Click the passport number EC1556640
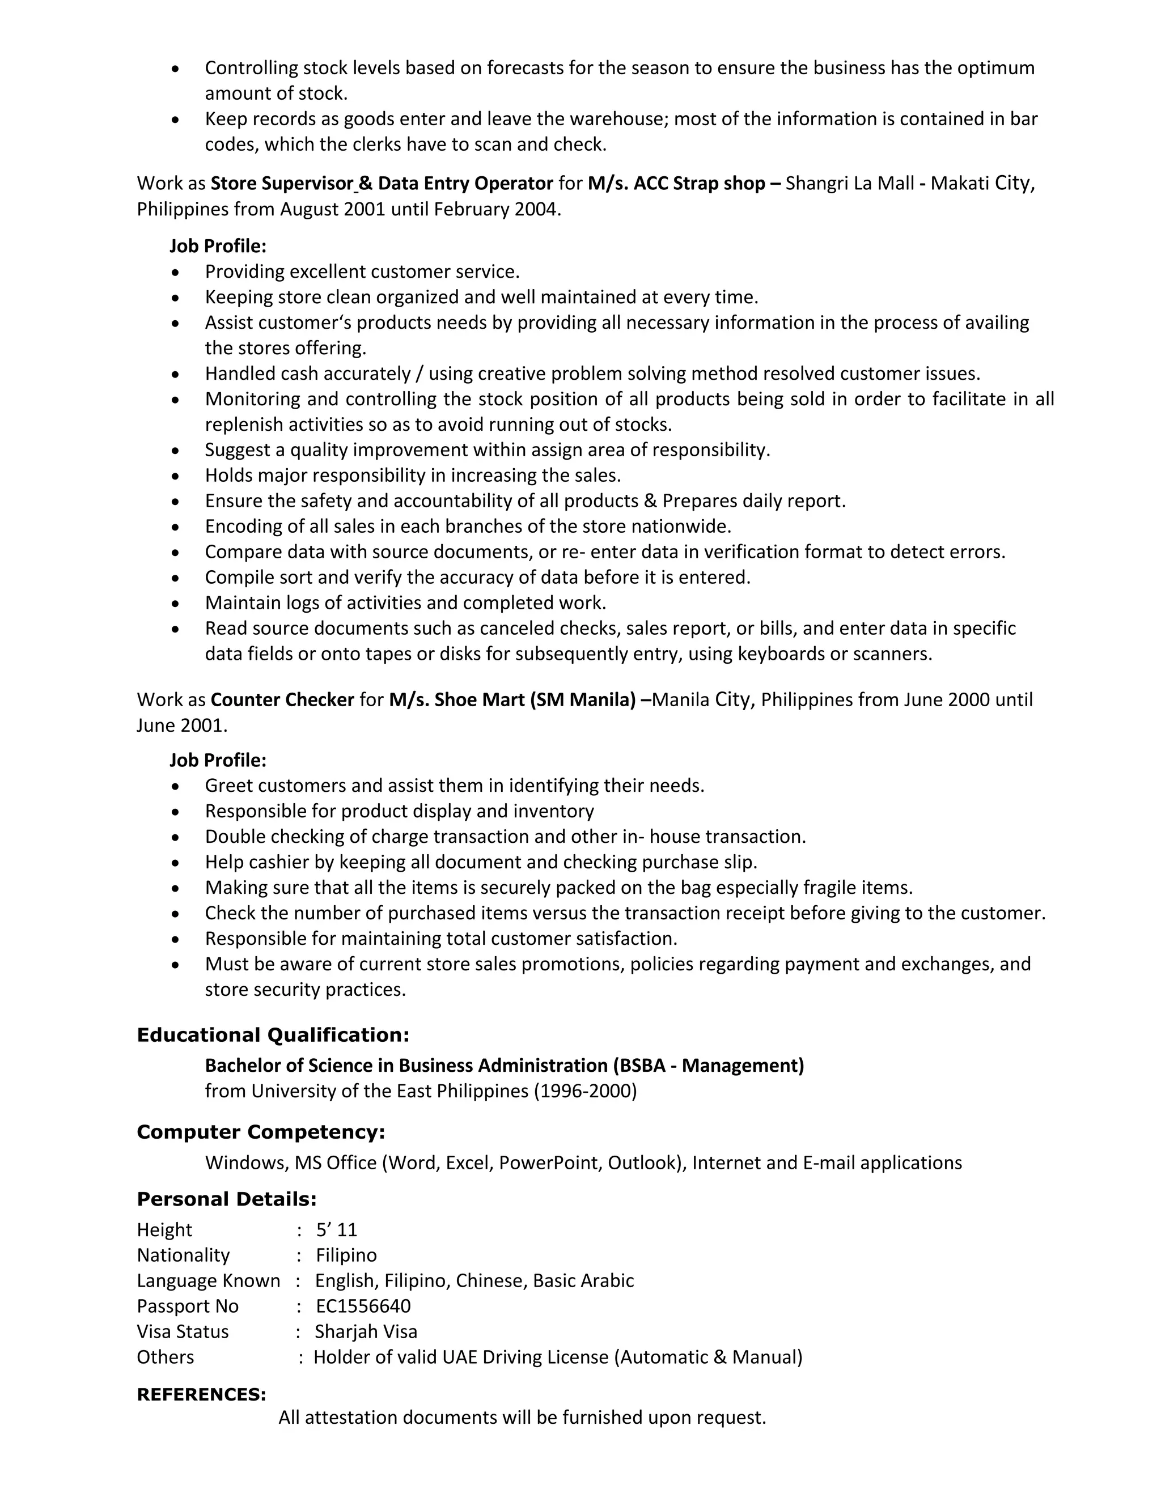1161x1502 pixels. [363, 1306]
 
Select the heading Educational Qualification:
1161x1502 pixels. [273, 1035]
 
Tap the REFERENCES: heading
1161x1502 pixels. [201, 1394]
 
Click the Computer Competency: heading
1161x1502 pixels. [261, 1132]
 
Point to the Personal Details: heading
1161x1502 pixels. [226, 1199]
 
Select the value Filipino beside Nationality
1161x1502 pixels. [346, 1255]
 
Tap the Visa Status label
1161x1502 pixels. [183, 1331]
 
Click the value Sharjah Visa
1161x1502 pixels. [366, 1331]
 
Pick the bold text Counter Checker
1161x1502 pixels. [282, 699]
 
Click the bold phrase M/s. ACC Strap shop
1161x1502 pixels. [676, 183]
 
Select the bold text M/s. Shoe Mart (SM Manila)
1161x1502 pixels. [512, 699]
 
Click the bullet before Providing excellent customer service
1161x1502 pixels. [176, 272]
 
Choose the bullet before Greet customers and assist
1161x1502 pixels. [176, 786]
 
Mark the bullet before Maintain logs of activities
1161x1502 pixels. [176, 603]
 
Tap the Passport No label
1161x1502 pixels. [188, 1306]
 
